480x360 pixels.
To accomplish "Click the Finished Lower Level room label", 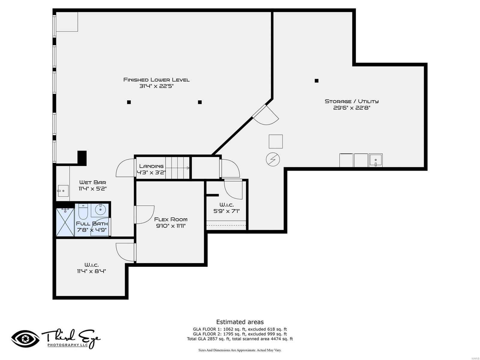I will (156, 80).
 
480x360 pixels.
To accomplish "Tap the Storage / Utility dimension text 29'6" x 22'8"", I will (352, 108).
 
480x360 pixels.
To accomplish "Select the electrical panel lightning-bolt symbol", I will (273, 160).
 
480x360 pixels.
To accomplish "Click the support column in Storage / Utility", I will (316, 81).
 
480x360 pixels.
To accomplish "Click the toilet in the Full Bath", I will (83, 212).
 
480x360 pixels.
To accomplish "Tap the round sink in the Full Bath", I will (100, 209).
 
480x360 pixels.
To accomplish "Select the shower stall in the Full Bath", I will (65, 222).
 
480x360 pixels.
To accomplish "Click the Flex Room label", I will (171, 219).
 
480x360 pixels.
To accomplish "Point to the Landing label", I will (151, 166).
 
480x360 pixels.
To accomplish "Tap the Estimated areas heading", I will (240, 322).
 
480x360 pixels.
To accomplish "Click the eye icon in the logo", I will (25, 339).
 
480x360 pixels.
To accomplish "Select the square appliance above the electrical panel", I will (275, 142).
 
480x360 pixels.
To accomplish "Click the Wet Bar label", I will (92, 182).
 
